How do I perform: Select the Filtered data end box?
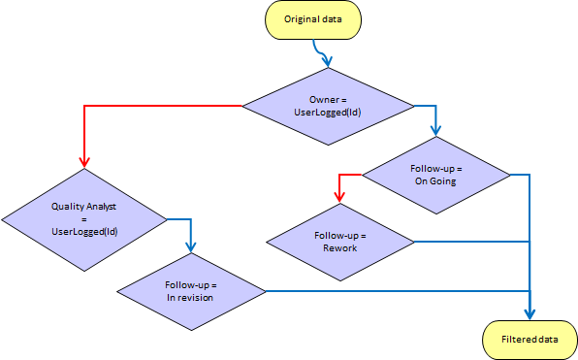tap(530, 340)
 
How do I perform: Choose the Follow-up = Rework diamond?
tap(340, 241)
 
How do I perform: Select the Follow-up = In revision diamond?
tap(190, 290)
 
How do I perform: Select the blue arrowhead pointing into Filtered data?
tap(530, 313)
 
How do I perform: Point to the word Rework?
tap(340, 248)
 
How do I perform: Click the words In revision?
tap(190, 298)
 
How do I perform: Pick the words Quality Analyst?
tap(84, 206)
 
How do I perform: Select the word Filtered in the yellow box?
tap(517, 340)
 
